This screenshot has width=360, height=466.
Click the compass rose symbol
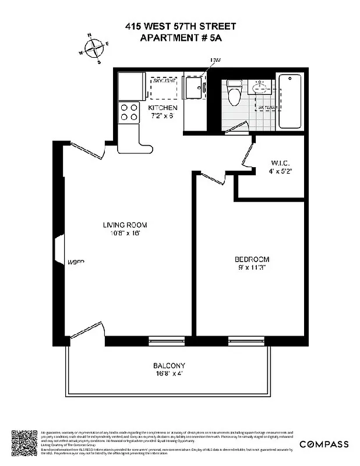[94, 48]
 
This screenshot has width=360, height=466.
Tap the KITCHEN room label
[163, 108]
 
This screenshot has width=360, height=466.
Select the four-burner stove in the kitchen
[129, 112]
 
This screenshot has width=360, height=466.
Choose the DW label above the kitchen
[216, 61]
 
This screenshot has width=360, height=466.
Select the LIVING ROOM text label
[125, 225]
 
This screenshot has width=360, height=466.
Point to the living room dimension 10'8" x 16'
[125, 233]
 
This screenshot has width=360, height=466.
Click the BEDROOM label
[252, 259]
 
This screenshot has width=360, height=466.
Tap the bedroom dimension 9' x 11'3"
[252, 267]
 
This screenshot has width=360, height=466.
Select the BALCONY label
[169, 365]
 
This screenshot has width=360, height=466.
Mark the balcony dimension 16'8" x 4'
[169, 373]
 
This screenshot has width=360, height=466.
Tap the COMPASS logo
[324, 444]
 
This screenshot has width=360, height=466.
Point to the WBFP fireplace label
[76, 262]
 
